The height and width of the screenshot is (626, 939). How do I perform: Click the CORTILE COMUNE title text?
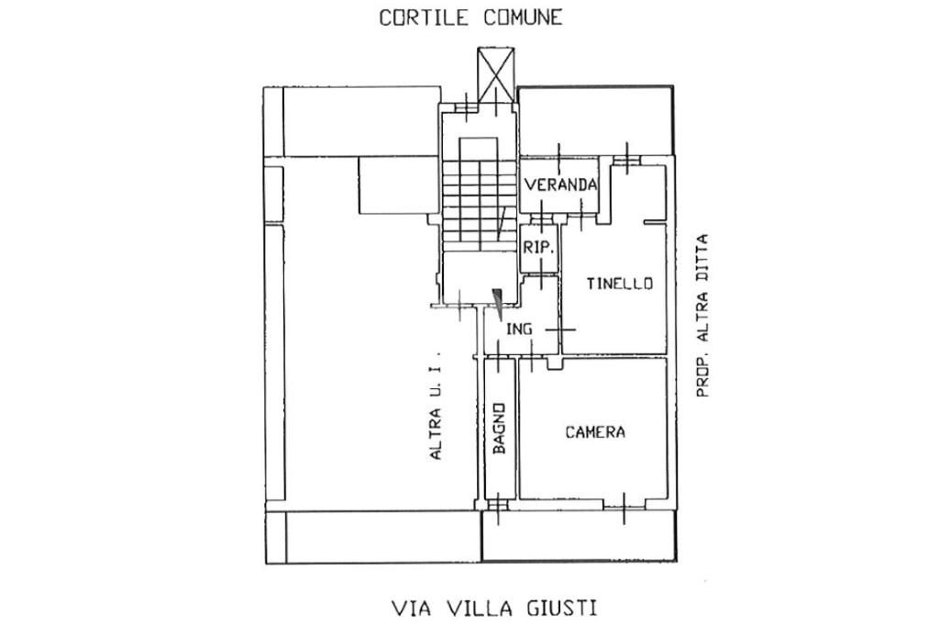[x=470, y=17]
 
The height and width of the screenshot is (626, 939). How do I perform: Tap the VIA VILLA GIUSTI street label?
[x=494, y=609]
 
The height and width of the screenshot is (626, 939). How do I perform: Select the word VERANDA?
[x=560, y=184]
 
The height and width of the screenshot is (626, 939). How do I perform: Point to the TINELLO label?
[x=619, y=283]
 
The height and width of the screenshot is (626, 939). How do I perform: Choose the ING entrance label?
[x=519, y=329]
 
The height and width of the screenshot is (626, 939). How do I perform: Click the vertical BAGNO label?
[x=500, y=428]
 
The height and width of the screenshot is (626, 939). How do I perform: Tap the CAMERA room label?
[x=595, y=431]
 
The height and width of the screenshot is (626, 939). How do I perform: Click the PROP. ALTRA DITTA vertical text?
[x=701, y=316]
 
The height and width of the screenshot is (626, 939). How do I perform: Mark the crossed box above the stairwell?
[x=496, y=69]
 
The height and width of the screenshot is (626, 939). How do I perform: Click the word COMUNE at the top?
[x=523, y=17]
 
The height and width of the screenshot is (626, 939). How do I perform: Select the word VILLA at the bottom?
[x=480, y=609]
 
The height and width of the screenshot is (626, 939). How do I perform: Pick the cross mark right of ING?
[x=559, y=330]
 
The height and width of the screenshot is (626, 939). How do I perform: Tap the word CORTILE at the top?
[x=423, y=17]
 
